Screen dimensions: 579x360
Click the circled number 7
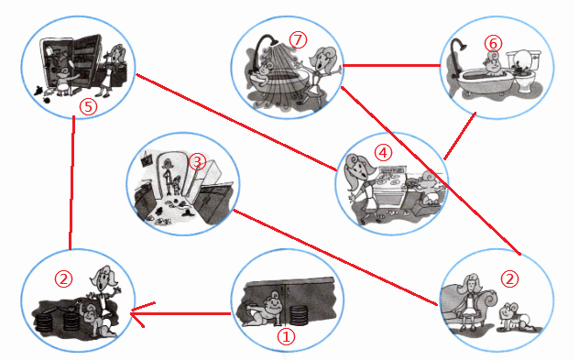[298, 40]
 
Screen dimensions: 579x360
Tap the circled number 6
[493, 44]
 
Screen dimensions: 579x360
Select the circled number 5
[89, 107]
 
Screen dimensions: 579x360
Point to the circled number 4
[383, 152]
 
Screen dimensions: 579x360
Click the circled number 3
[197, 162]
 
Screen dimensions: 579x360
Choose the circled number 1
[287, 337]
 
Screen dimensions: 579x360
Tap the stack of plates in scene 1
[300, 315]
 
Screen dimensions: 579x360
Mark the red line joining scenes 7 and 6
[391, 66]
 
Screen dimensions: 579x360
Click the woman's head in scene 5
[116, 54]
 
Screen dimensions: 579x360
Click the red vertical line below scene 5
[71, 183]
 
